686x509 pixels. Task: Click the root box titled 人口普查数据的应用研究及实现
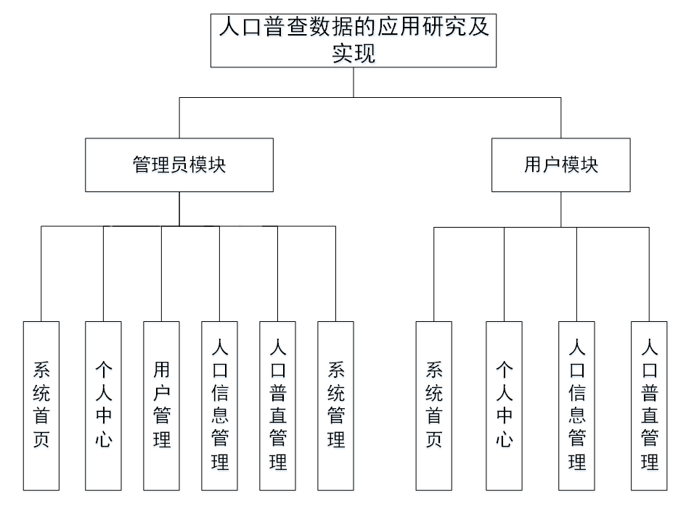(354, 41)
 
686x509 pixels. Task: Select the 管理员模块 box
(179, 165)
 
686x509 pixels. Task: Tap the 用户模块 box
(560, 165)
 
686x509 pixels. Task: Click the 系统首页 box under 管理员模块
(41, 405)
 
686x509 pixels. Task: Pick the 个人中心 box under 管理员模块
(103, 405)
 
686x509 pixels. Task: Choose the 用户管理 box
(161, 405)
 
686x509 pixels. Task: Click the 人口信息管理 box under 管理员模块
(219, 405)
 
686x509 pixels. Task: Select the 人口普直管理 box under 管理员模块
(277, 405)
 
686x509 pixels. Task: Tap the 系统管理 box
(335, 405)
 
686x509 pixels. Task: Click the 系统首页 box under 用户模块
(434, 405)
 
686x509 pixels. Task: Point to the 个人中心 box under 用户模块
(505, 405)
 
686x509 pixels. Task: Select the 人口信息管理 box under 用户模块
(577, 405)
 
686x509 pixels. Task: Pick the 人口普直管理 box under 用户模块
(649, 405)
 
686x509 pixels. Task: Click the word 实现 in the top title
(354, 54)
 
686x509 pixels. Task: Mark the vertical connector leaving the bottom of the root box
(354, 82)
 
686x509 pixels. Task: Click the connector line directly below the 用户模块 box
(560, 210)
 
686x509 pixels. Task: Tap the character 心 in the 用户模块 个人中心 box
(505, 439)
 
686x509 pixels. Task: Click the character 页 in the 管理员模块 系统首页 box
(41, 439)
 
